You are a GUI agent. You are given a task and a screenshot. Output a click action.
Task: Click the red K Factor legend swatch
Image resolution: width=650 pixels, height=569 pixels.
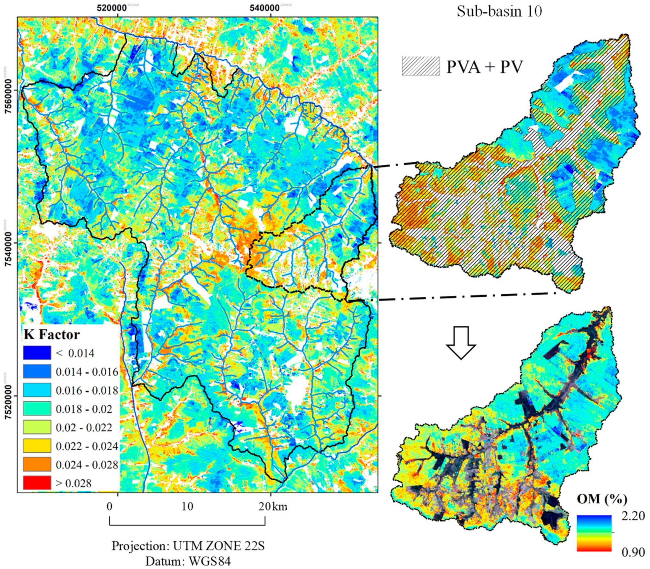[37, 482]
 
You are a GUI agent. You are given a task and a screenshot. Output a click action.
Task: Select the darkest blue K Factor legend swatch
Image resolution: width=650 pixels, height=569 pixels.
[37, 353]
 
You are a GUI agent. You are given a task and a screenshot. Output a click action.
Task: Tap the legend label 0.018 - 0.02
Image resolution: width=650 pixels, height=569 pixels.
[84, 409]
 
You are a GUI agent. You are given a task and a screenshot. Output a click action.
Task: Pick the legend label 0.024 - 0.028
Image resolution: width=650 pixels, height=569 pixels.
[87, 465]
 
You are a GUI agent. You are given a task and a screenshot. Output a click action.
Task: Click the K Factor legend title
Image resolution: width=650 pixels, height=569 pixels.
[51, 335]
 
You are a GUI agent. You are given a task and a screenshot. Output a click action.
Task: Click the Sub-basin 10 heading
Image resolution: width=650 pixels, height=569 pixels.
[499, 12]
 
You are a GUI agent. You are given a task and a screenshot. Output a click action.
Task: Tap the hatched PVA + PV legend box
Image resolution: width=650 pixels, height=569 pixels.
[421, 66]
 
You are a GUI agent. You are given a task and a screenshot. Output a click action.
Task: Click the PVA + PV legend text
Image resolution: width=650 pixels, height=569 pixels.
[484, 67]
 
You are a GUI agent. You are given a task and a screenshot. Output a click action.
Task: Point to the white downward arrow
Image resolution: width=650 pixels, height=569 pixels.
[461, 343]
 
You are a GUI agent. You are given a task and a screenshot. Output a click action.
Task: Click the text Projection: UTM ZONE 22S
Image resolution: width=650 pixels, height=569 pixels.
[188, 546]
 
